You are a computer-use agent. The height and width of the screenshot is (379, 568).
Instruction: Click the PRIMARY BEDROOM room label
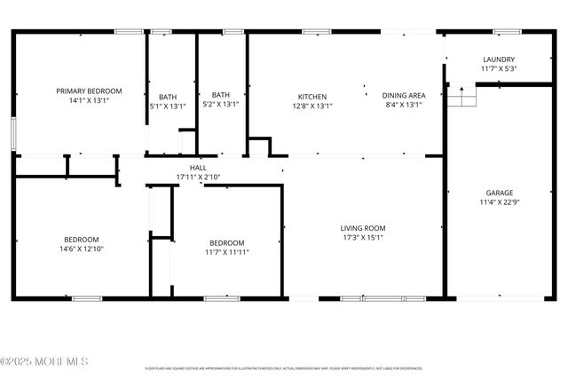[x=89, y=91]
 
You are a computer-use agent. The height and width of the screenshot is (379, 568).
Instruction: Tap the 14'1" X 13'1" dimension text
[x=89, y=100]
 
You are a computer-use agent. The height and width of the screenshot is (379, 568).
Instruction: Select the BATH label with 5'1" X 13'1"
[x=168, y=97]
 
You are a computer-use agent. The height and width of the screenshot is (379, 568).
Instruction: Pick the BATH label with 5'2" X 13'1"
[x=221, y=95]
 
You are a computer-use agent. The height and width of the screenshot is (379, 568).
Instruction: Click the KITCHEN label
[x=312, y=96]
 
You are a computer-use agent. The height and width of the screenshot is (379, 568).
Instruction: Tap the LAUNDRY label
[x=499, y=59]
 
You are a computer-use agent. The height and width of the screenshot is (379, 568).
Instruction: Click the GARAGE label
[x=499, y=193]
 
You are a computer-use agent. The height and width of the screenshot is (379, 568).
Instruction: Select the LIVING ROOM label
[x=363, y=228]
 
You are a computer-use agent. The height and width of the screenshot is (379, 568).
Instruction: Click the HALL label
[x=198, y=168]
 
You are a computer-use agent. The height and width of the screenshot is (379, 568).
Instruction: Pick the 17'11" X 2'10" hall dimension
[x=198, y=178]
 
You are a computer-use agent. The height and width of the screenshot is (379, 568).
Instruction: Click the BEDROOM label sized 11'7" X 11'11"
[x=227, y=242]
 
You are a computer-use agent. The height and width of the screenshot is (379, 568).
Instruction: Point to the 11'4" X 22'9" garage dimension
[x=499, y=202]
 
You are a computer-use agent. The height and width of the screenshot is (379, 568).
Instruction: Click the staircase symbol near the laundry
[x=461, y=95]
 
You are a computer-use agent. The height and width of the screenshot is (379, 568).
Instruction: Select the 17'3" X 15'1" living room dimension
[x=363, y=238]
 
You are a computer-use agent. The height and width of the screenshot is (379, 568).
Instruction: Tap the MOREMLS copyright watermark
[x=44, y=361]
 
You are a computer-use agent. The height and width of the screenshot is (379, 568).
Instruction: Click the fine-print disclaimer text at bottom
[x=284, y=368]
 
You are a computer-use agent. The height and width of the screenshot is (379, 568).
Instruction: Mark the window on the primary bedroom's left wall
[x=13, y=132]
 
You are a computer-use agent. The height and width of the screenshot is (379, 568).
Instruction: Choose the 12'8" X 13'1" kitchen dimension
[x=312, y=105]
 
